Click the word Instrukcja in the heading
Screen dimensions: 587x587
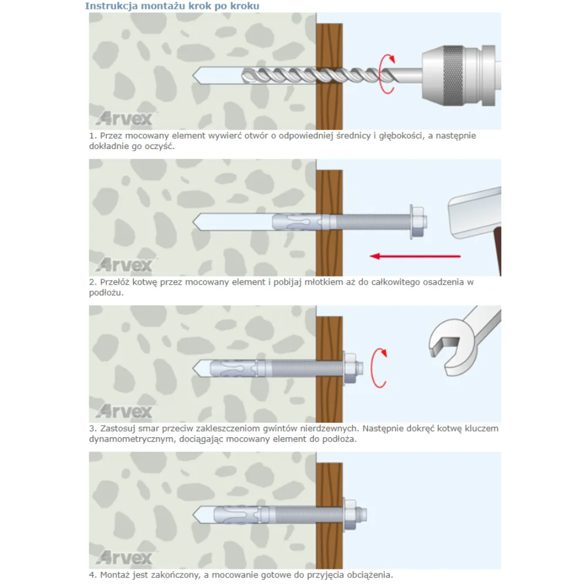pyautogui.click(x=105, y=6)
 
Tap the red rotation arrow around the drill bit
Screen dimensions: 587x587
pyautogui.click(x=387, y=74)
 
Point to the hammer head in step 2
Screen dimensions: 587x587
pyautogui.click(x=475, y=212)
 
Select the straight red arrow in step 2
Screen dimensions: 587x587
pyautogui.click(x=415, y=256)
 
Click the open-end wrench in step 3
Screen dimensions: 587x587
pyautogui.click(x=464, y=340)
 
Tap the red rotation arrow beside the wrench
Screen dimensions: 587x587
pyautogui.click(x=378, y=368)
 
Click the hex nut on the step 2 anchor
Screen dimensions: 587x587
pyautogui.click(x=417, y=222)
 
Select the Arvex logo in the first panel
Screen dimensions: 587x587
pyautogui.click(x=124, y=119)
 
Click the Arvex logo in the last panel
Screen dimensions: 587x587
pyautogui.click(x=124, y=558)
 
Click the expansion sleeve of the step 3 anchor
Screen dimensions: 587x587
pyautogui.click(x=233, y=369)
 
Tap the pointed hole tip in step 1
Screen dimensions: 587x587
pyautogui.click(x=193, y=75)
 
